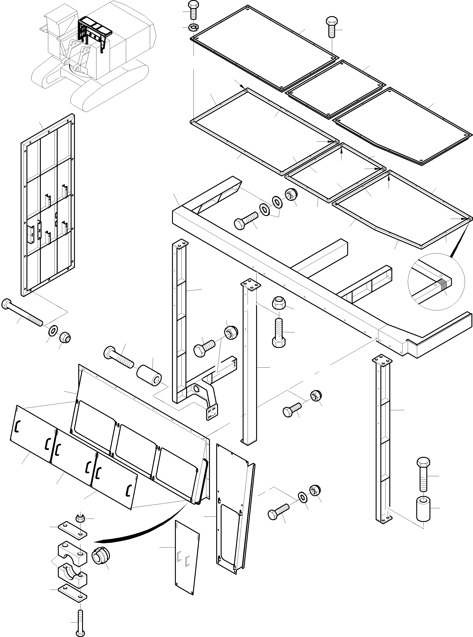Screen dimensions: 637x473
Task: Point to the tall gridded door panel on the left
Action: click(48, 205)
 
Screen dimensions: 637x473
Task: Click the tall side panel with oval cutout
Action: click(233, 510)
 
